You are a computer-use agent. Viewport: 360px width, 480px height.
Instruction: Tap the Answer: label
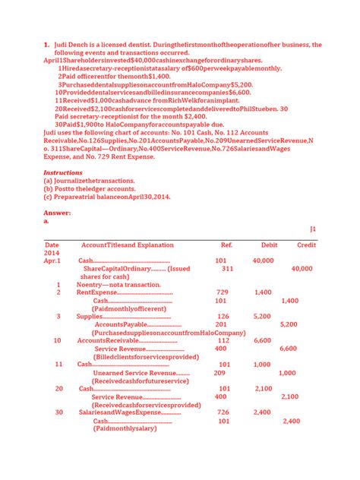pos(57,213)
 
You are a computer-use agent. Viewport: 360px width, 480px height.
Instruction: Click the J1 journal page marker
pos(312,229)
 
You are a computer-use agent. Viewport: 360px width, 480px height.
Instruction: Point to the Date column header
pos(52,245)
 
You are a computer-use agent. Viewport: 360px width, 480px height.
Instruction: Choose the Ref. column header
pos(226,245)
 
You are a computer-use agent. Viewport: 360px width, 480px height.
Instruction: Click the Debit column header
pos(269,245)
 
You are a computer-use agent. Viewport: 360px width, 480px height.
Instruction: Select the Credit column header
pos(306,245)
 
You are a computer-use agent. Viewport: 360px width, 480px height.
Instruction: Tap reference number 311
pos(227,269)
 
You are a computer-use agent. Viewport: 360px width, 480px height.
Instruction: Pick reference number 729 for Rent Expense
pos(223,292)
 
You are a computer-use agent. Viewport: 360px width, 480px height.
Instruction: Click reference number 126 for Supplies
pos(223,316)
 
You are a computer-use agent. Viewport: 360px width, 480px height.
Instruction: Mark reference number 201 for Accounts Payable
pos(223,324)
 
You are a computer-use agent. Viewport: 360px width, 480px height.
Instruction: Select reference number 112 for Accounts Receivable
pos(223,340)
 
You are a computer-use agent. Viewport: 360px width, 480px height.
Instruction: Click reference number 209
pos(219,373)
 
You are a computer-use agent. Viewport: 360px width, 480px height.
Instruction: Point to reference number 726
pos(223,412)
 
